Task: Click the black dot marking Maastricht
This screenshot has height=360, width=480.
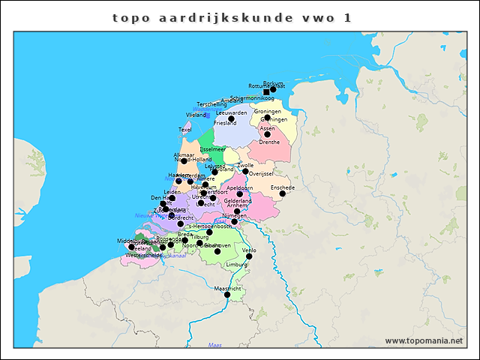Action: click(x=227, y=295)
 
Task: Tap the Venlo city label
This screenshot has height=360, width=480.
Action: click(x=249, y=250)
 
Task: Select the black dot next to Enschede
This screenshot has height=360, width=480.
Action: click(x=283, y=193)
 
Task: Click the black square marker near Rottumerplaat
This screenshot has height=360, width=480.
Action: click(x=265, y=92)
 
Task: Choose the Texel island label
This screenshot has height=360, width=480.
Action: click(x=185, y=130)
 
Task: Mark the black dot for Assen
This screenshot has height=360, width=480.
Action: click(x=267, y=134)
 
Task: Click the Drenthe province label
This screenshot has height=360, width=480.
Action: click(x=269, y=142)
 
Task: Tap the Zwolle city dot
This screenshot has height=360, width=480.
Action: click(x=245, y=171)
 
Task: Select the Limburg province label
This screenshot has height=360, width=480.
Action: click(x=236, y=265)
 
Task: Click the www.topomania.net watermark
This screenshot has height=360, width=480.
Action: click(x=424, y=341)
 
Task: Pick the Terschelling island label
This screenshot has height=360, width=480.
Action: click(x=211, y=104)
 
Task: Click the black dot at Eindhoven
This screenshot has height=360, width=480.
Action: click(x=217, y=250)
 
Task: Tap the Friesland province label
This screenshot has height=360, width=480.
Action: click(x=225, y=123)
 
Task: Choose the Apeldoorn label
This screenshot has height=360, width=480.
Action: click(x=239, y=187)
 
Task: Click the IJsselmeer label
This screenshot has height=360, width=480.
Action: click(x=212, y=149)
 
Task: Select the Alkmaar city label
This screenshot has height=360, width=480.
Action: click(x=184, y=154)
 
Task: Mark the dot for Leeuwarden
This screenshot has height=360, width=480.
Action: click(x=232, y=118)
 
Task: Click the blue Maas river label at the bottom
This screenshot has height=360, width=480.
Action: click(x=215, y=345)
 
